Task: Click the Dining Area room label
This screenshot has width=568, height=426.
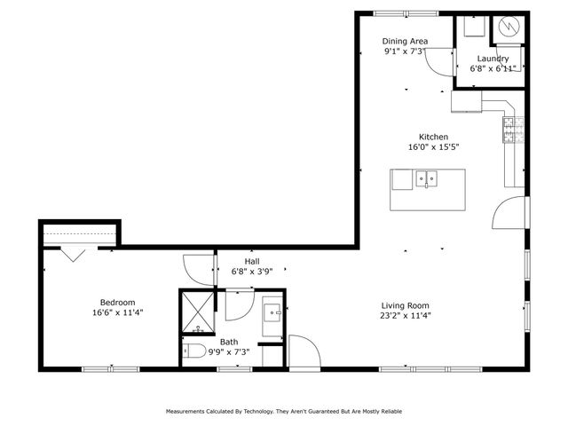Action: pos(405,41)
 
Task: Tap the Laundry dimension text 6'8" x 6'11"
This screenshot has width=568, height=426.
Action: pos(493,68)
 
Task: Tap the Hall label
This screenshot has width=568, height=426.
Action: pos(251,262)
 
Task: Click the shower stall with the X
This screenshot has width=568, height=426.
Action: pos(198,312)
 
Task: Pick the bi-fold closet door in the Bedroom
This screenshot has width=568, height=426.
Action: pos(71,255)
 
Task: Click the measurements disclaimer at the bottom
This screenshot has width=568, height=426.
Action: pos(283,412)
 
